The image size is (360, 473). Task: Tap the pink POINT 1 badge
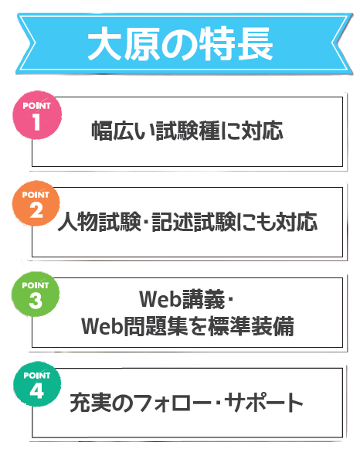[37, 115]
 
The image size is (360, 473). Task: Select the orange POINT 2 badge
[36, 203]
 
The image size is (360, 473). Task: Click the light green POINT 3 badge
[36, 294]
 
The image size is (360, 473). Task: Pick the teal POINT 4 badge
[37, 383]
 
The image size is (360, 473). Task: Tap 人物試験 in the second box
[99, 223]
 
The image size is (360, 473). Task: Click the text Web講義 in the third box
[182, 299]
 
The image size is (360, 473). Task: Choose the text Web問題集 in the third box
[134, 326]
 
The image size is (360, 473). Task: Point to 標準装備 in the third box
[251, 326]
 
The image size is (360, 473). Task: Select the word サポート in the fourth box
[263, 403]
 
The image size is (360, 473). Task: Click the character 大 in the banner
[104, 44]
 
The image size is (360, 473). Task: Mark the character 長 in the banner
[256, 44]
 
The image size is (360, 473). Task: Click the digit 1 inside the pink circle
[36, 122]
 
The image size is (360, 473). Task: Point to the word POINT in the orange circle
[36, 195]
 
